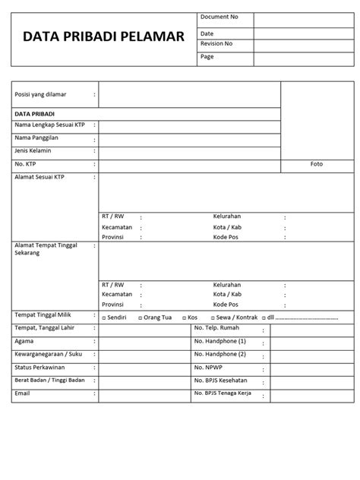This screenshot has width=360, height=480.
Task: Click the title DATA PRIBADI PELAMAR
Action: (103, 36)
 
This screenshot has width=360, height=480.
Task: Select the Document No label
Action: (219, 17)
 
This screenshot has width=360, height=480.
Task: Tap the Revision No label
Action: (216, 44)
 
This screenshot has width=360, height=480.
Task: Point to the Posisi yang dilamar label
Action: (41, 94)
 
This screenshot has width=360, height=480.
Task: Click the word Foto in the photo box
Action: (317, 164)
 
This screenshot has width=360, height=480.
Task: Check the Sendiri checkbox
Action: (104, 317)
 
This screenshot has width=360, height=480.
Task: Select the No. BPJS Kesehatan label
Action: (226, 381)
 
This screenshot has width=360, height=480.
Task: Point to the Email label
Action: (24, 393)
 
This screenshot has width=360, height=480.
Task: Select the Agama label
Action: (25, 342)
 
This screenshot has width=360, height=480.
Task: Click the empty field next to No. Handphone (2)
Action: (312, 355)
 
